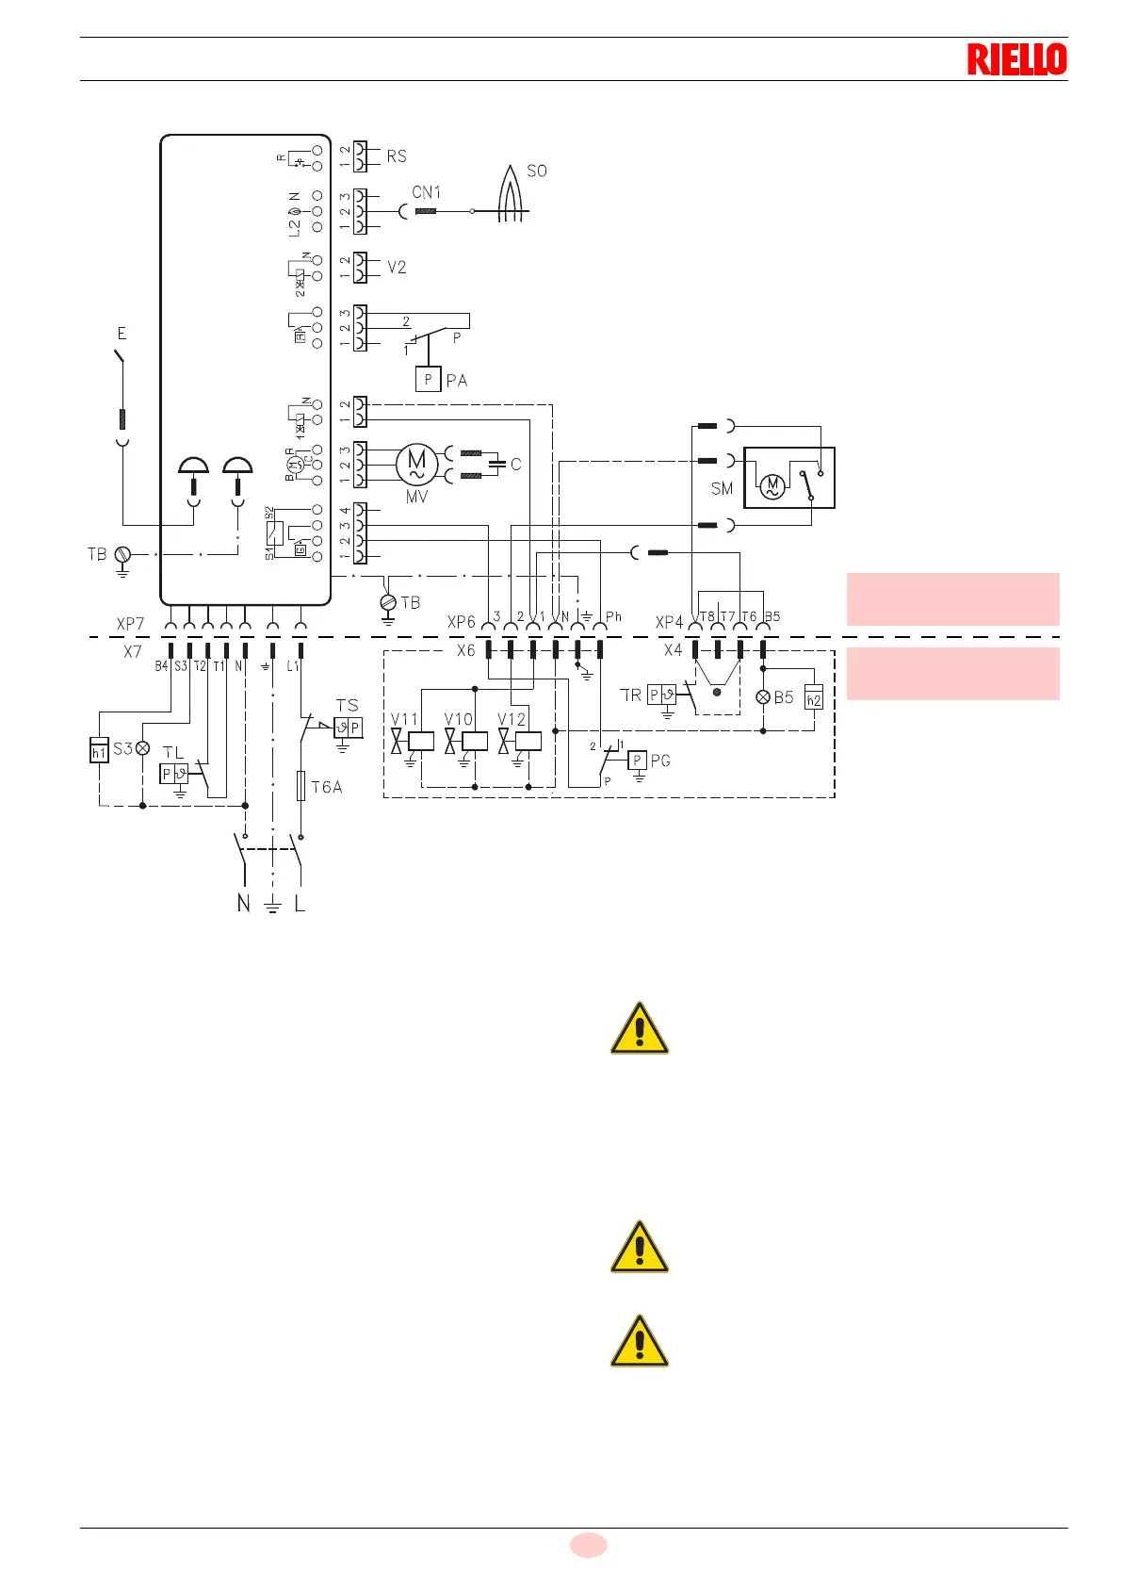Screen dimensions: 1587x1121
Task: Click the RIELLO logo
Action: (x=1016, y=59)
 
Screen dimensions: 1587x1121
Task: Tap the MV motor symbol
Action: (x=416, y=464)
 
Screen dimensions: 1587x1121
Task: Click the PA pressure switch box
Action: (x=429, y=380)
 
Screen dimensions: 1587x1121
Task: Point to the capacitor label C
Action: (x=516, y=465)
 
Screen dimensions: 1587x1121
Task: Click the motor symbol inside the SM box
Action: (x=772, y=486)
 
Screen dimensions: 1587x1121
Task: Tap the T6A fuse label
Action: (x=326, y=787)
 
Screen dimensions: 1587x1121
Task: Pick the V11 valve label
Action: (x=404, y=719)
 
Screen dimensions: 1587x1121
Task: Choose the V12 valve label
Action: (x=512, y=719)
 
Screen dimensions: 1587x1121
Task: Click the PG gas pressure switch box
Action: (x=638, y=761)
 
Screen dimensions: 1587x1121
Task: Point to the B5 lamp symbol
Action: (x=763, y=697)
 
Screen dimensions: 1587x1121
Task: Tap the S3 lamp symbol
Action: (x=143, y=748)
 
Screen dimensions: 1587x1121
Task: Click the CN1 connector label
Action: (x=426, y=192)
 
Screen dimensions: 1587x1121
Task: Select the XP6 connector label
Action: (x=462, y=622)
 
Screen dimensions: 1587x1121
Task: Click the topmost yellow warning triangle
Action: (x=640, y=1028)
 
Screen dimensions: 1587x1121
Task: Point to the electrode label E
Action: (x=122, y=334)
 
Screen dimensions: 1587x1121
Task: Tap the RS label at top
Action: (x=397, y=156)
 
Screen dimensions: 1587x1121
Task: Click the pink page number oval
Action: (x=588, y=1545)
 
